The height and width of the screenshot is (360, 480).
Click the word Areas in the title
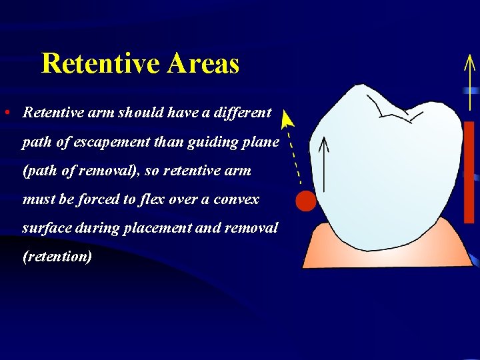[x=203, y=64]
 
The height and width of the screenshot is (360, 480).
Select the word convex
[x=236, y=199]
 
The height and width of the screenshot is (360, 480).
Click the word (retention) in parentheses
[x=57, y=257]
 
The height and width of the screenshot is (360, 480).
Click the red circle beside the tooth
[x=305, y=201]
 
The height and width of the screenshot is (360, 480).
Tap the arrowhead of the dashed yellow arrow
[x=287, y=120]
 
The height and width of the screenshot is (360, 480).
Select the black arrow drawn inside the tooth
[x=324, y=163]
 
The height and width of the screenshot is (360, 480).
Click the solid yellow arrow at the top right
[x=470, y=80]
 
